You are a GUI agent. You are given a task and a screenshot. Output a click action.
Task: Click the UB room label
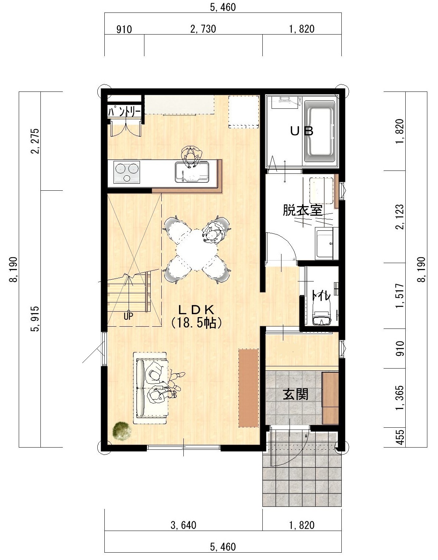pyautogui.click(x=302, y=131)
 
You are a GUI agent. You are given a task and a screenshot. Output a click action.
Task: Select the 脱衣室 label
pyautogui.click(x=302, y=210)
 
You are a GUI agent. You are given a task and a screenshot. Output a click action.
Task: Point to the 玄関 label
pyautogui.click(x=295, y=394)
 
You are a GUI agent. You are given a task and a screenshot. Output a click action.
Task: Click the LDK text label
pyautogui.click(x=197, y=309)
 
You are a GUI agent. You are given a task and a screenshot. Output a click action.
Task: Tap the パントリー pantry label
pyautogui.click(x=124, y=112)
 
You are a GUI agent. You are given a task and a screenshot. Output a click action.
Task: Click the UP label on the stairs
pyautogui.click(x=128, y=316)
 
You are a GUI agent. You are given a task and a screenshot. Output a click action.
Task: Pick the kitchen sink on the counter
pyautogui.click(x=192, y=172)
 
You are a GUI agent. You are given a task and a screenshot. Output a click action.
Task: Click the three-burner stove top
pyautogui.click(x=126, y=172)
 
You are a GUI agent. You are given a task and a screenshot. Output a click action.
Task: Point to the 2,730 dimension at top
pyautogui.click(x=203, y=29)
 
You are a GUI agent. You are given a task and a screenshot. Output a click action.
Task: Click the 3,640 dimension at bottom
pyautogui.click(x=183, y=525)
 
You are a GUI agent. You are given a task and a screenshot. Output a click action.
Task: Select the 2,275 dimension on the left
pyautogui.click(x=35, y=141)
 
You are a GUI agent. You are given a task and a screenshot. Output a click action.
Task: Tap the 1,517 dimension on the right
pyautogui.click(x=400, y=295)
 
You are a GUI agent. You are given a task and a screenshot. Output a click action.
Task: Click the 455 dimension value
pyautogui.click(x=400, y=437)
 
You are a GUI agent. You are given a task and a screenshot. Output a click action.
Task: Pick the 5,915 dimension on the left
pyautogui.click(x=35, y=319)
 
